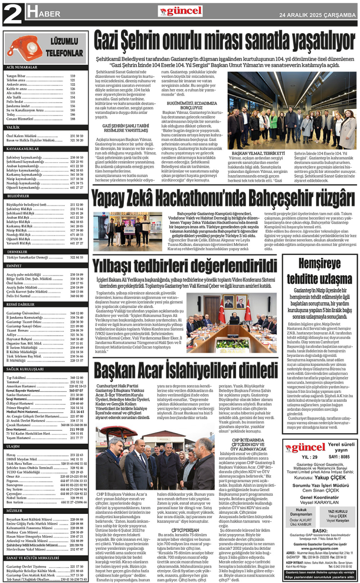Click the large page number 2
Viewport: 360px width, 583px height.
(x=11, y=14)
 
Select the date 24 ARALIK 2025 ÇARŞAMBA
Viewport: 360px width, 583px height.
(x=317, y=15)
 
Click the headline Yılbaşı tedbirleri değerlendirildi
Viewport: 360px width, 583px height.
(x=185, y=265)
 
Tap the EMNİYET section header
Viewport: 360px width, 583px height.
(x=14, y=266)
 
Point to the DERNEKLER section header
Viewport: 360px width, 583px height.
(x=17, y=251)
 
